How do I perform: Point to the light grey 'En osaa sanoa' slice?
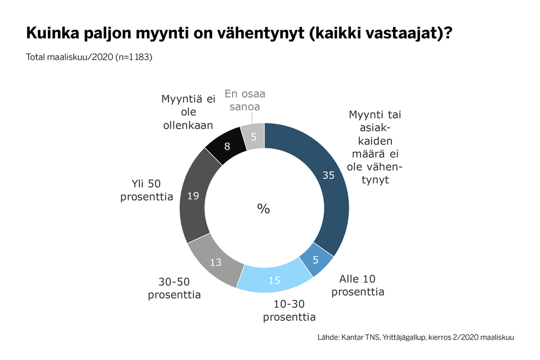coord(253,136)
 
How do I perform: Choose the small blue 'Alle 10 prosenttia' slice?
coord(315,258)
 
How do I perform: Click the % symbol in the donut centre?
coord(263,208)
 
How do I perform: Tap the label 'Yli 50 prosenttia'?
coord(147,190)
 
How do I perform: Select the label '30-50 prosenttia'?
coord(174,288)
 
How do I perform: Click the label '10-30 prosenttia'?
coord(289,310)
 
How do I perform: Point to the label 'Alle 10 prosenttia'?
coord(358,285)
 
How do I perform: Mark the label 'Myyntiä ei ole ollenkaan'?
coord(187,112)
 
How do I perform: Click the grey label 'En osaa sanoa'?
coord(242,100)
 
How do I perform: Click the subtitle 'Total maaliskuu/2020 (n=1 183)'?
coord(89,57)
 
